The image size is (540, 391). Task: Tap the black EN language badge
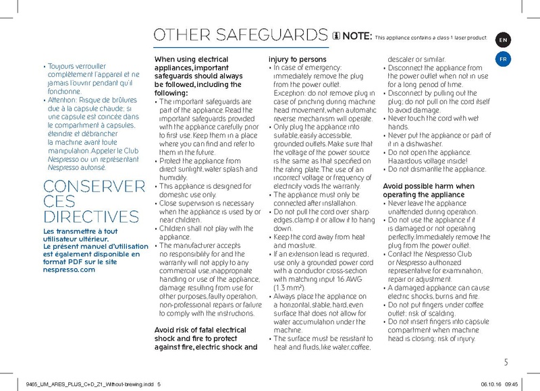coord(503,40)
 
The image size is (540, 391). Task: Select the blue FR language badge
coord(503,59)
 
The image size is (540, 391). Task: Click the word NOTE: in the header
coord(356,36)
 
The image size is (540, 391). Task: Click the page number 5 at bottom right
coord(506,363)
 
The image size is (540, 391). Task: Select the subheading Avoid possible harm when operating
coord(429,190)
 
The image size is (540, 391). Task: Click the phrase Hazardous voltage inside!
coord(426,161)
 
